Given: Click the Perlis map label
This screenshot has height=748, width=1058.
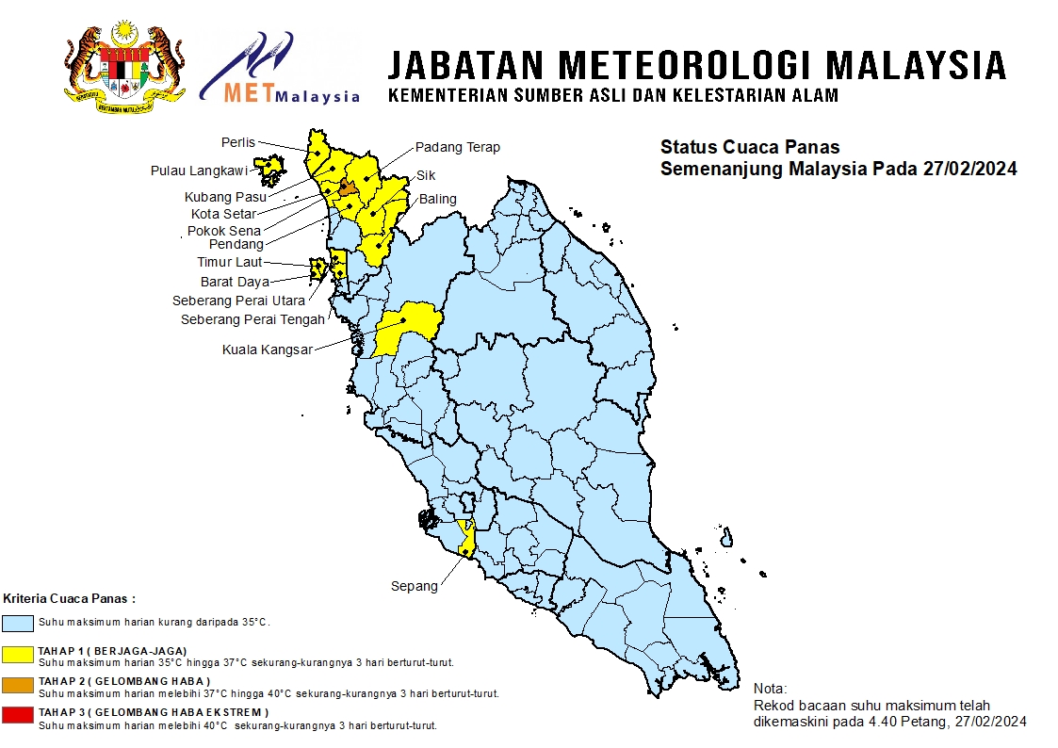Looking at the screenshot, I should click(238, 142).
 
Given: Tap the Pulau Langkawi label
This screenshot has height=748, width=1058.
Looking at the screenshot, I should click(199, 171).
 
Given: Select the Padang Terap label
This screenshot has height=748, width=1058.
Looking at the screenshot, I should click(458, 147).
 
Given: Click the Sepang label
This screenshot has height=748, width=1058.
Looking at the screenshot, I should click(415, 586).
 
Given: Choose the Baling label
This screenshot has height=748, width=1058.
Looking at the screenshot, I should click(438, 199).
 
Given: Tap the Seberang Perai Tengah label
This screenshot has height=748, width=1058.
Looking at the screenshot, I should click(252, 319).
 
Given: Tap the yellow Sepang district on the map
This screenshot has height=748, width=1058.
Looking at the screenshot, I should click(465, 538).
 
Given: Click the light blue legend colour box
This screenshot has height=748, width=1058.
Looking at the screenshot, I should click(18, 623).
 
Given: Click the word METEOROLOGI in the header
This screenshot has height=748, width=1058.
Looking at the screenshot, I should click(685, 65).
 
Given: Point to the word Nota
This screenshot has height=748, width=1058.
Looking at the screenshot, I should click(771, 689).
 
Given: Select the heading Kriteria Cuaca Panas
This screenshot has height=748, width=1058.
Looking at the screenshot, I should click(69, 598).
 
